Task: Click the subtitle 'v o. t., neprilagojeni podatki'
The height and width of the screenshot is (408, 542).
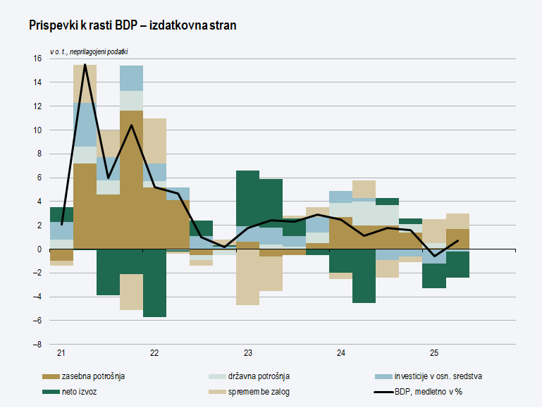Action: (x=94, y=52)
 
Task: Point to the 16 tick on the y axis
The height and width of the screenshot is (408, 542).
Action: (x=37, y=58)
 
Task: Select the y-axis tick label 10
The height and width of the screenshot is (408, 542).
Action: (x=37, y=130)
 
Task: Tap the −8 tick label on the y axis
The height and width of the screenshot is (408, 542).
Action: (x=37, y=345)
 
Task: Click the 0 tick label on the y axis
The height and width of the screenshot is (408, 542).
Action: (x=39, y=249)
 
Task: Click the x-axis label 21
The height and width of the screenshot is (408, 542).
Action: (x=62, y=353)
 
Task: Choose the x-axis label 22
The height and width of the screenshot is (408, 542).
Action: (x=154, y=353)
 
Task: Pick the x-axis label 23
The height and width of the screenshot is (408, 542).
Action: (x=248, y=353)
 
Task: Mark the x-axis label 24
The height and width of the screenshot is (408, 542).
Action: (x=341, y=353)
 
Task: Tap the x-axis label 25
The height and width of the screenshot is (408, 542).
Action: (x=434, y=353)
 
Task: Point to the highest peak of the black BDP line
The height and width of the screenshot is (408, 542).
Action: (x=85, y=65)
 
